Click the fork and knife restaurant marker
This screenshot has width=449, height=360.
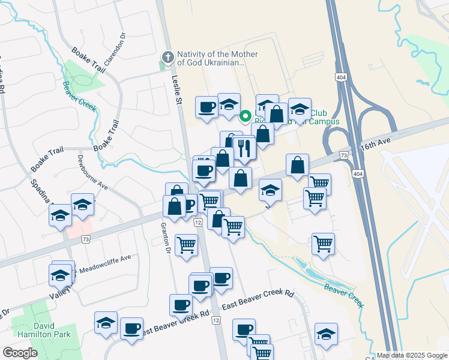pyautogui.click(x=244, y=148)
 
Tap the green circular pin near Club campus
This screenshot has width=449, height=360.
pyautogui.click(x=246, y=116)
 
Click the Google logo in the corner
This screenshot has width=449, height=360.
pyautogui.click(x=20, y=353)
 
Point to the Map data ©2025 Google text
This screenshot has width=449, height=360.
pyautogui.click(x=412, y=355)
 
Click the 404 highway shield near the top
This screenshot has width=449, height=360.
pyautogui.click(x=340, y=77)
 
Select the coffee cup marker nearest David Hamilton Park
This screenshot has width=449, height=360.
pyautogui.click(x=131, y=329)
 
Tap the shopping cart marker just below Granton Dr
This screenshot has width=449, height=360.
pyautogui.click(x=187, y=245)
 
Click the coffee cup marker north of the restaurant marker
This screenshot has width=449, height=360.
pyautogui.click(x=207, y=107)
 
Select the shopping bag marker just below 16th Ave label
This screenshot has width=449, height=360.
pyautogui.click(x=297, y=164)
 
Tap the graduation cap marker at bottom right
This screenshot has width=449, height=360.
pyautogui.click(x=326, y=334)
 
